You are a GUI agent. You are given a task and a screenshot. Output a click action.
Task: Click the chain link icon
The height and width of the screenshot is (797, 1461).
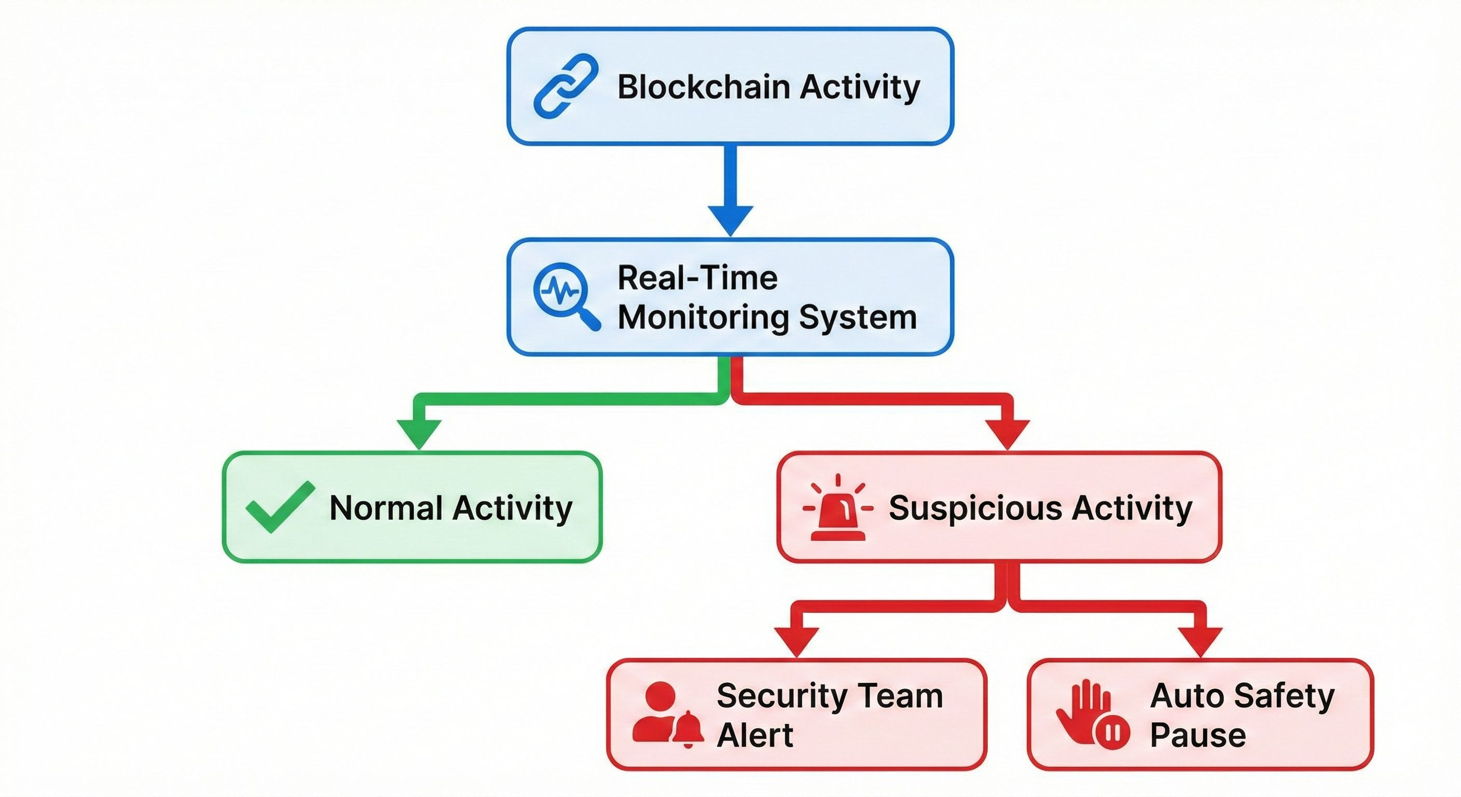click(566, 86)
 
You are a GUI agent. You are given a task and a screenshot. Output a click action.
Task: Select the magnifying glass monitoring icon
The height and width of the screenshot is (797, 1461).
click(566, 295)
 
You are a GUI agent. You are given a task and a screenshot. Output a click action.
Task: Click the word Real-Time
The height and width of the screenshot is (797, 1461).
click(697, 278)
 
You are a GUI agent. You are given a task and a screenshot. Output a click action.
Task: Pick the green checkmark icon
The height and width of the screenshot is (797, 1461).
click(280, 506)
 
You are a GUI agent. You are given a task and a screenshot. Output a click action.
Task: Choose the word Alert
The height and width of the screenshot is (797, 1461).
click(754, 736)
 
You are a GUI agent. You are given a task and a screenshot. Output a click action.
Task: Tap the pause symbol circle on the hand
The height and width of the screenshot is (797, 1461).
click(1112, 733)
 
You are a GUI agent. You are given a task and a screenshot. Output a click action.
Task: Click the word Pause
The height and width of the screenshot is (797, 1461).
click(1198, 736)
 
